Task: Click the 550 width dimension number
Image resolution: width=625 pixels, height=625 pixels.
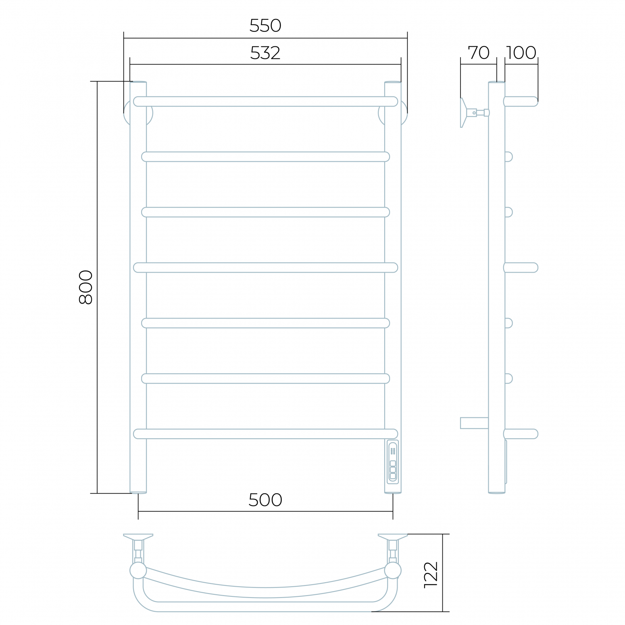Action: tap(265, 26)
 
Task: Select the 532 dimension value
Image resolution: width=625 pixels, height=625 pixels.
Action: tap(265, 53)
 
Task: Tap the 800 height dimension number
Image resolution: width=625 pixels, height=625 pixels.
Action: tap(85, 287)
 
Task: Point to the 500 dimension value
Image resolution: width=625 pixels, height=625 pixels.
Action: tap(265, 500)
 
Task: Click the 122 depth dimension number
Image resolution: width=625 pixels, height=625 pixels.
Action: tap(431, 575)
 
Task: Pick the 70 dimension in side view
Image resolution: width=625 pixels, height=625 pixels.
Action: tap(479, 53)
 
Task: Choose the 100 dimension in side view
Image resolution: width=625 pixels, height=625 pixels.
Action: tap(521, 53)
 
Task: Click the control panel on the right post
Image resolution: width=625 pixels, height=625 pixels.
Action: tap(393, 462)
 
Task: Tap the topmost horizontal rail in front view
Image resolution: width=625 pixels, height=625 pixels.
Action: tap(265, 101)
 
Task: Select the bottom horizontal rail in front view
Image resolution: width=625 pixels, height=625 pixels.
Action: tap(265, 434)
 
